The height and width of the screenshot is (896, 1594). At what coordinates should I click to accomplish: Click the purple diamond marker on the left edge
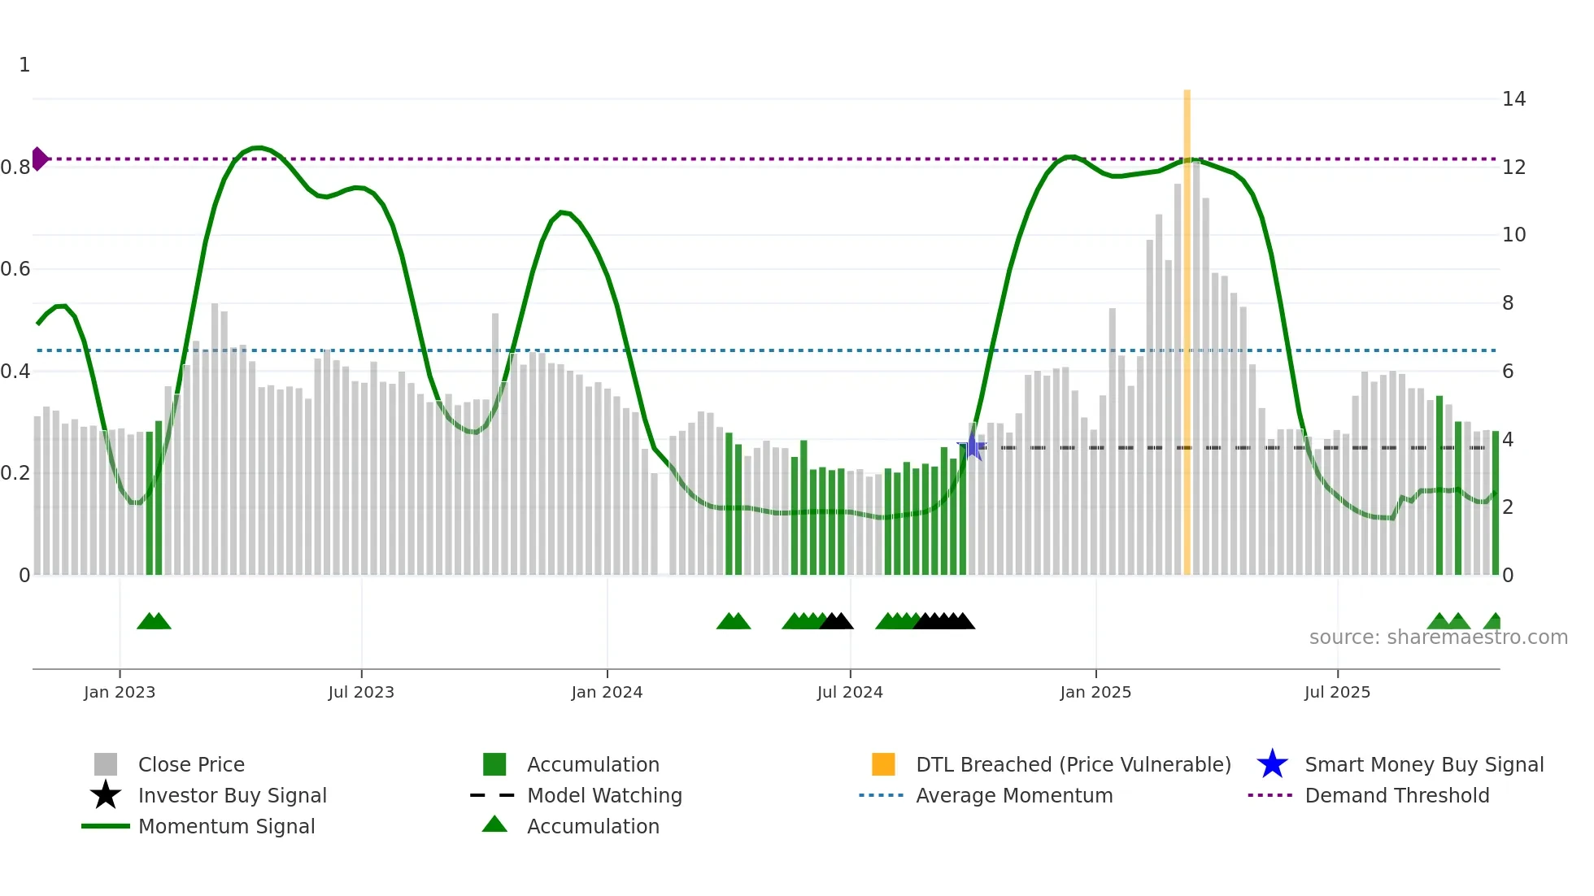click(x=39, y=159)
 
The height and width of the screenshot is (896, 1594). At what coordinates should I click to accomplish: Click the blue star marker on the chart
click(x=971, y=446)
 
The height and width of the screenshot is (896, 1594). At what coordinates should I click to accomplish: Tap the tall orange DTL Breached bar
click(x=1187, y=325)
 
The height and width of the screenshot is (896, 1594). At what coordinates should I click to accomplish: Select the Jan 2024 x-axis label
click(x=607, y=692)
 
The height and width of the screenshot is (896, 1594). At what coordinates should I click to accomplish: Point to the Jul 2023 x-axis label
click(x=361, y=692)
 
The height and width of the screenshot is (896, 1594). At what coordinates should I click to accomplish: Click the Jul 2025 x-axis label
click(x=1337, y=692)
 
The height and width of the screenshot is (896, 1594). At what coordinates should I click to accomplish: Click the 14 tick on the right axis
click(x=1513, y=99)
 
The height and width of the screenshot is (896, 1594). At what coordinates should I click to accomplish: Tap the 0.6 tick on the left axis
click(x=15, y=269)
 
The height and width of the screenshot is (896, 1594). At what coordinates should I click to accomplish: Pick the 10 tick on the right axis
click(x=1513, y=235)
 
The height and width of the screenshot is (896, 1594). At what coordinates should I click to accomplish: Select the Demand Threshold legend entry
click(x=1396, y=795)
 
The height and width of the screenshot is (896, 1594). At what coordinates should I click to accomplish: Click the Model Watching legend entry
click(x=603, y=795)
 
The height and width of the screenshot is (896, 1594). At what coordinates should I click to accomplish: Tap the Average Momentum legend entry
click(x=1013, y=795)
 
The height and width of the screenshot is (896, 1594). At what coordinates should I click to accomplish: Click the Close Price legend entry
click(x=191, y=764)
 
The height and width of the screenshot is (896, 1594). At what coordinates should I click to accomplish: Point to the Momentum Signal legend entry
click(x=226, y=826)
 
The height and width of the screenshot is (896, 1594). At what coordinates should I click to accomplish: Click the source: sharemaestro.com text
click(x=1438, y=637)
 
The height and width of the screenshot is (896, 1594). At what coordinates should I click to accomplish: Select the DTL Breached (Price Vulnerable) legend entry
click(x=1073, y=764)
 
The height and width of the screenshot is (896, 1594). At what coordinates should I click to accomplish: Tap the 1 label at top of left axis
click(x=24, y=65)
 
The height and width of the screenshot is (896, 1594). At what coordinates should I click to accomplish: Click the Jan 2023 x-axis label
click(x=119, y=692)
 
